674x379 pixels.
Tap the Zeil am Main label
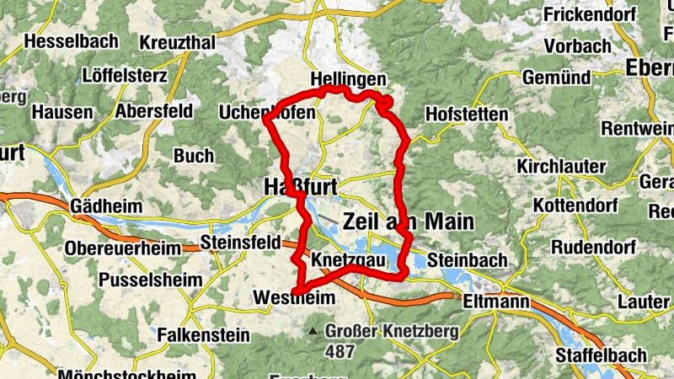pyautogui.click(x=409, y=222)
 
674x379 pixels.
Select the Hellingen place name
pyautogui.click(x=348, y=78)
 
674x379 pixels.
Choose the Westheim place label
pyautogui.click(x=294, y=297)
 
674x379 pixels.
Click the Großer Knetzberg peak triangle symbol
pyautogui.click(x=314, y=331)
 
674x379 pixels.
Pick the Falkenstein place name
pyautogui.click(x=203, y=334)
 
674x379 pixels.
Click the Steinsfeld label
pyautogui.click(x=240, y=243)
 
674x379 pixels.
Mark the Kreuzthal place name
pyautogui.click(x=178, y=42)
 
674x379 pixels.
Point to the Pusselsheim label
pyautogui.click(x=152, y=279)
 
